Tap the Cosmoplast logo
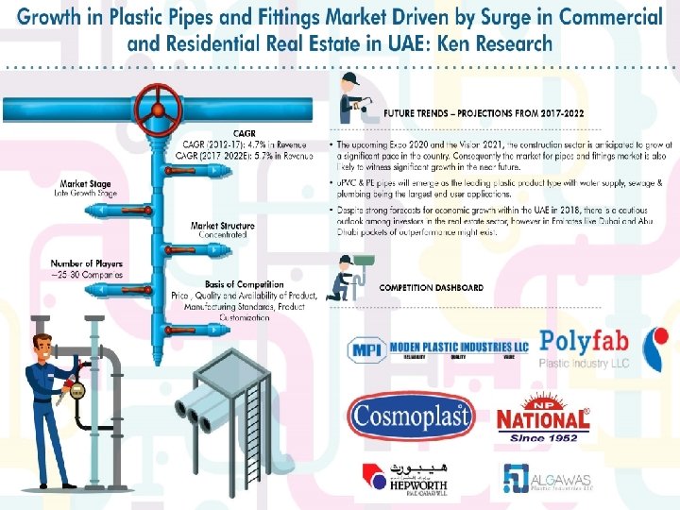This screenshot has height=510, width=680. tap(406, 416)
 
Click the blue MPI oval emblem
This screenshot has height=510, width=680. tap(364, 348)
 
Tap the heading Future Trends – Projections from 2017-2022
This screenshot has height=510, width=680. tap(483, 113)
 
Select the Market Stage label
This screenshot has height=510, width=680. tap(85, 183)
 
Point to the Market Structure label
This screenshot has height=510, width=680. tap(222, 226)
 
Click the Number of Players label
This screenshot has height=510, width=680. tap(88, 263)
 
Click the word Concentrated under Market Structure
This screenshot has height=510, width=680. tap(222, 235)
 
